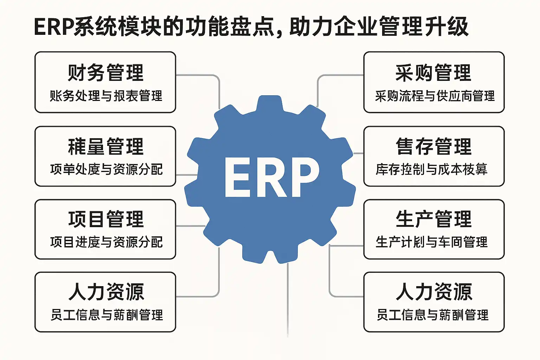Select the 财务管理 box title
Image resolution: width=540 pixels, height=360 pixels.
[105, 73]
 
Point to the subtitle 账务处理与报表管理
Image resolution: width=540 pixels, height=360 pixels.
[106, 96]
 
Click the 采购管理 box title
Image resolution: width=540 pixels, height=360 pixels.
[433, 73]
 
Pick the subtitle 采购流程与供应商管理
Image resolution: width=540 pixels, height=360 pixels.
[435, 96]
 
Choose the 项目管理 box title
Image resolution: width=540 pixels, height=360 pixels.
[106, 219]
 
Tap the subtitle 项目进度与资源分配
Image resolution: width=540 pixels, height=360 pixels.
[106, 242]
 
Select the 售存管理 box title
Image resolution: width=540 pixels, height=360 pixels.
[433, 146]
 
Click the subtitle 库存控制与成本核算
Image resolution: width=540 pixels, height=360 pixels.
[431, 169]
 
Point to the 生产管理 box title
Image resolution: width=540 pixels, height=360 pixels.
[433, 219]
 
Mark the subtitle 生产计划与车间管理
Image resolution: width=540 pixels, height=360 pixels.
[431, 242]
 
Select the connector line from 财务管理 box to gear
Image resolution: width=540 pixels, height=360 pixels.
[204, 75]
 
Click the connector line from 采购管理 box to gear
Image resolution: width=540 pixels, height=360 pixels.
[334, 75]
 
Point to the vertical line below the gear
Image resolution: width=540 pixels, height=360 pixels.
[288, 299]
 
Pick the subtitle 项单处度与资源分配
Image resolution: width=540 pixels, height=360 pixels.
[106, 169]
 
